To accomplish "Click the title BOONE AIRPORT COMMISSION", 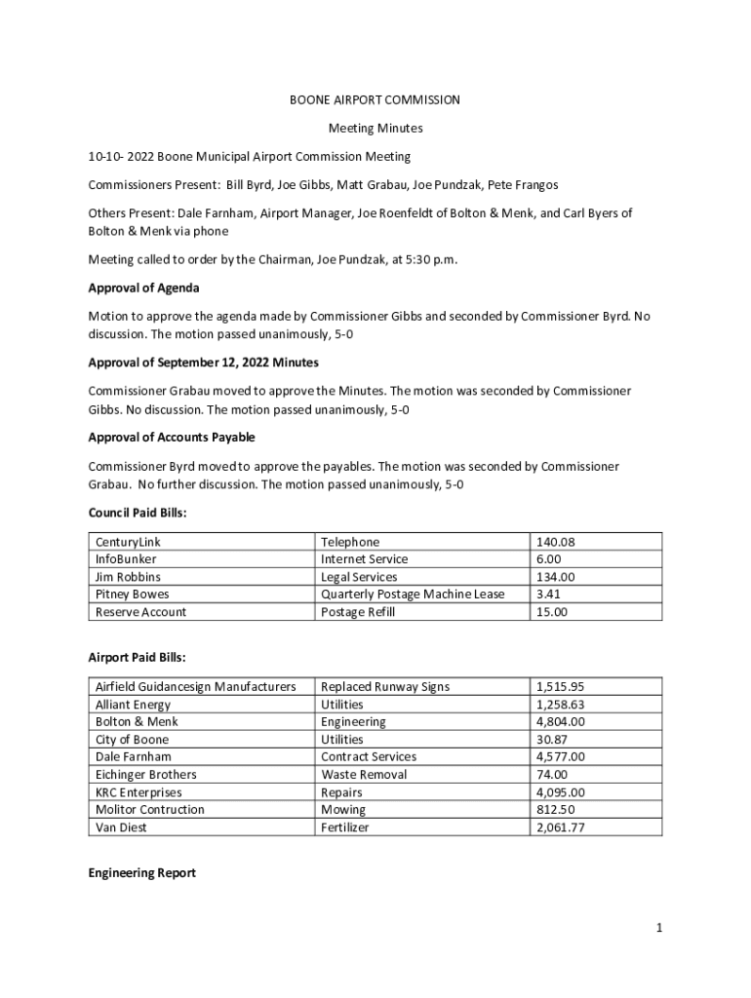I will click(375, 99).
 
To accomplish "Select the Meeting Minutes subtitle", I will click(375, 128).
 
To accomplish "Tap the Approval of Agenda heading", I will click(143, 288).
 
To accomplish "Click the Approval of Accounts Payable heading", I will click(172, 438).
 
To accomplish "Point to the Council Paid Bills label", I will click(137, 513).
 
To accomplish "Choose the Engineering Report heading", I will click(141, 873).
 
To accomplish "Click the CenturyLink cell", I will click(128, 542).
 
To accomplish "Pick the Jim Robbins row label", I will click(129, 577).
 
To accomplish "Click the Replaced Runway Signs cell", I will click(384, 687).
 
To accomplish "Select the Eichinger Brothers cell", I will click(145, 775).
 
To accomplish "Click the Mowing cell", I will click(343, 810).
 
